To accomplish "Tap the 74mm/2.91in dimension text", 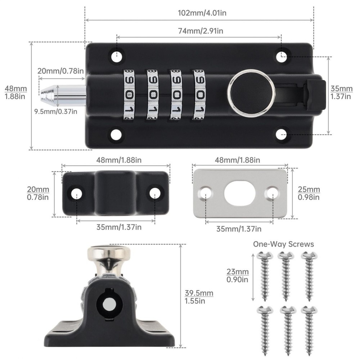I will tap(199, 31).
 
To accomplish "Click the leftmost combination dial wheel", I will tap(129, 94).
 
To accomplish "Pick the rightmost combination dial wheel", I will tap(199, 94).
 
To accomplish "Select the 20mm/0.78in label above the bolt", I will tap(61, 71).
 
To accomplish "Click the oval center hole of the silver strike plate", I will tap(240, 193).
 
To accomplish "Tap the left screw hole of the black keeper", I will tap(76, 193).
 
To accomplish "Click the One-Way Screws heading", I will tap(283, 244).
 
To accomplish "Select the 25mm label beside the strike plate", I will tap(309, 193).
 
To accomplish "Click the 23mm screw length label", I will tap(237, 275).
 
